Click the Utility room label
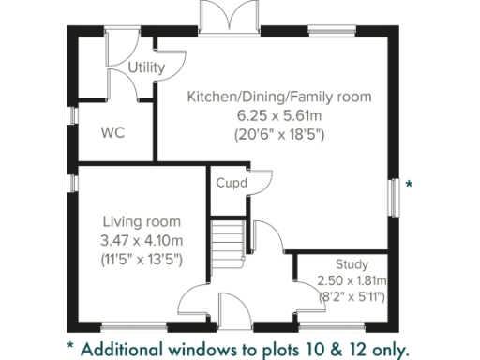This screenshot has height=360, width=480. point(147,68)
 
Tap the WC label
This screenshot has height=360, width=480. point(114,131)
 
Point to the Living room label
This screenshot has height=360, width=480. point(141,222)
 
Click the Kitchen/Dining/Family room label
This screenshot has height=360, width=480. point(279,97)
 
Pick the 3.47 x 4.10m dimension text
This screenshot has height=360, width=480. point(142,240)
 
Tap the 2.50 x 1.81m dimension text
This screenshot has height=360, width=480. point(351,281)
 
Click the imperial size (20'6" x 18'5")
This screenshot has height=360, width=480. point(279,133)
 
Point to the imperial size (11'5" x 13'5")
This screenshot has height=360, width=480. point(142,258)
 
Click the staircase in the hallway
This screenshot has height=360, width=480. point(228,242)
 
